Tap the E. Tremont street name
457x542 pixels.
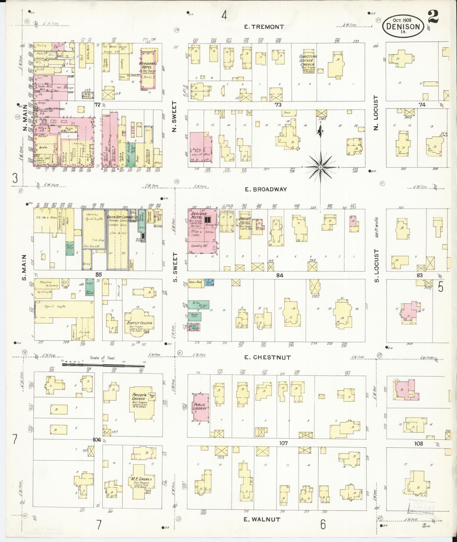pos(264,27)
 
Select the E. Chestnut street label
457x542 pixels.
pos(267,357)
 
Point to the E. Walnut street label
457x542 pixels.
pos(262,519)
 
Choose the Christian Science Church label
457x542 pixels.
pos(308,60)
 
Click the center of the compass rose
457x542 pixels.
pos(320,167)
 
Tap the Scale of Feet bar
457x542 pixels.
pos(103,365)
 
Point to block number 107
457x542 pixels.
pos(283,443)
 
